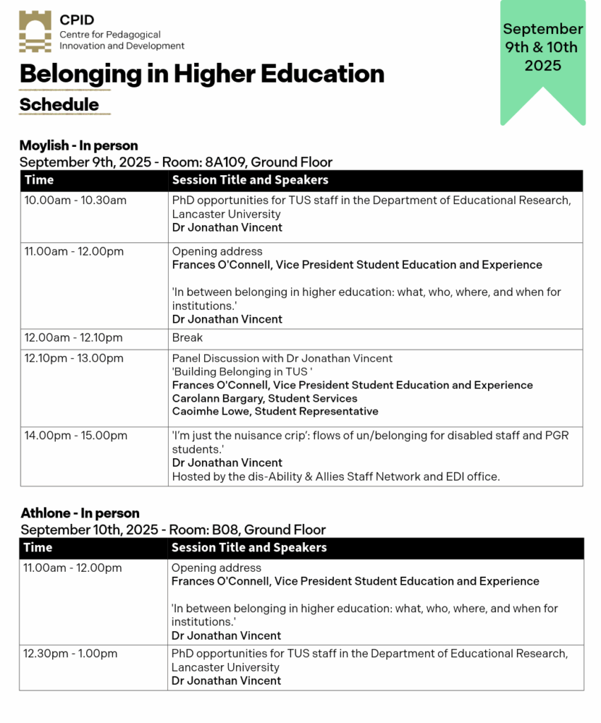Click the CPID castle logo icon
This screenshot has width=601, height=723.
(x=35, y=32)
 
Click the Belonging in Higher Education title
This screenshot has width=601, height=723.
(x=202, y=73)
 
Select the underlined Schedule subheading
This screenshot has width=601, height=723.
(x=59, y=104)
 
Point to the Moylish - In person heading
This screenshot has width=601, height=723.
(x=78, y=146)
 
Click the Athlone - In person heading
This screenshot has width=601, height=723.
(x=80, y=513)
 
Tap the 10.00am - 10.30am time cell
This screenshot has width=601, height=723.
(x=76, y=201)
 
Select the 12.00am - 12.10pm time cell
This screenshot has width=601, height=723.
(x=73, y=338)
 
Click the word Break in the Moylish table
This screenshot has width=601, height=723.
(x=187, y=338)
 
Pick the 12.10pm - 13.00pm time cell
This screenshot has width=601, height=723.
(x=73, y=359)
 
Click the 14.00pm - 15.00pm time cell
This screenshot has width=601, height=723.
(x=76, y=436)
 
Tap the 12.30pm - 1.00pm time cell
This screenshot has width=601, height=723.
(x=71, y=654)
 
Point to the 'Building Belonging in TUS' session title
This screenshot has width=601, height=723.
(x=242, y=371)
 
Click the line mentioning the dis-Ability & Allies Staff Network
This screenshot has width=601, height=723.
(x=335, y=477)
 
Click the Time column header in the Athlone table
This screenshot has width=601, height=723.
(x=37, y=548)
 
